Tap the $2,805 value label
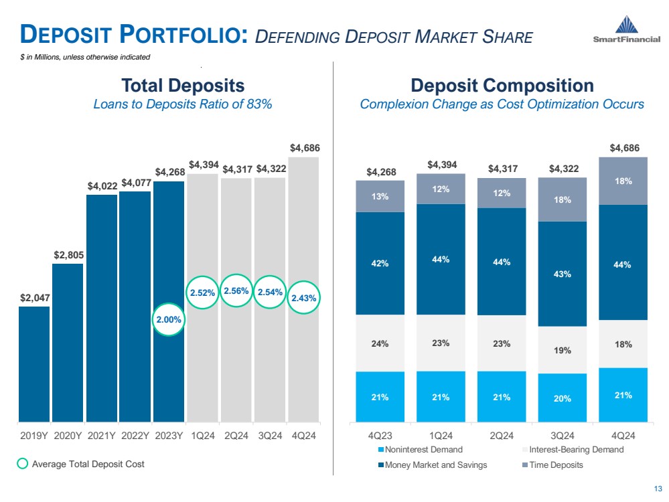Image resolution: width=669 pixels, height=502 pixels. [68, 255]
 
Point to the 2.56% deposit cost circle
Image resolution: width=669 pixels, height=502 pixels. [236, 290]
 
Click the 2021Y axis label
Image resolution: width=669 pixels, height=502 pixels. [102, 434]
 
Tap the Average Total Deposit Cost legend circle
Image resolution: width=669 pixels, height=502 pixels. [23, 464]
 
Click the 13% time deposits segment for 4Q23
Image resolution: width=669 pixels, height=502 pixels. [380, 196]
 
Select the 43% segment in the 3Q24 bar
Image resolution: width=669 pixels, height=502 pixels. [562, 274]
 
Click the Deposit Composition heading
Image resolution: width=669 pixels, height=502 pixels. [502, 86]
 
